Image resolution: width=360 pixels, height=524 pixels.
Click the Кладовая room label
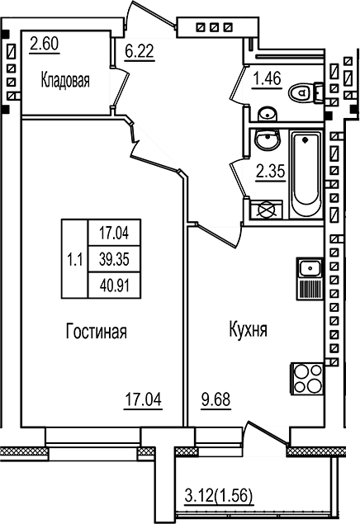point(65,80)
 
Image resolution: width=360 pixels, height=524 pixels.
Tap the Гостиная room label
point(97,331)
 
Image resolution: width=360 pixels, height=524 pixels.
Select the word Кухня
point(248,329)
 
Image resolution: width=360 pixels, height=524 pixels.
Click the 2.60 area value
point(44,44)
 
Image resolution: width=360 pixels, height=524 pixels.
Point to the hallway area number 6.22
point(139,51)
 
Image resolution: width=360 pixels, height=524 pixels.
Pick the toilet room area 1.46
point(268,79)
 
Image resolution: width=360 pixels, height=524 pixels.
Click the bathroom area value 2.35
point(271,172)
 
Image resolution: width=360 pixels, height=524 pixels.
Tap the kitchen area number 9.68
point(216,399)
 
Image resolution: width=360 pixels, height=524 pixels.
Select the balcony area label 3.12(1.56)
point(219,495)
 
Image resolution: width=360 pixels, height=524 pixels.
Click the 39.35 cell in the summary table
point(114,259)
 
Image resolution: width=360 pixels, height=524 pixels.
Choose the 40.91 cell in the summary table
point(114,286)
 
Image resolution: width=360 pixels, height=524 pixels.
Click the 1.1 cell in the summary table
point(75,259)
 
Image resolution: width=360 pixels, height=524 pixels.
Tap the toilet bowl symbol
point(305,92)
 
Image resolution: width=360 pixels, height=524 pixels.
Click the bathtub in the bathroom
point(306,174)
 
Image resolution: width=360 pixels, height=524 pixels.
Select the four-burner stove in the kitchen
point(307,379)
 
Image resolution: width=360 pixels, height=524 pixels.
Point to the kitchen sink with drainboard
point(310,279)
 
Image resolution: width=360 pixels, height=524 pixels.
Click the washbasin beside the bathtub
point(267,140)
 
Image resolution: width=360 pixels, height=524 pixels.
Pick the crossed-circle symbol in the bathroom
point(267,210)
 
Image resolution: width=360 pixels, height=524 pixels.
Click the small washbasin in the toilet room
point(268,115)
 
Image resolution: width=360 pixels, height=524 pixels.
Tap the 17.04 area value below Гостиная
point(143,399)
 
